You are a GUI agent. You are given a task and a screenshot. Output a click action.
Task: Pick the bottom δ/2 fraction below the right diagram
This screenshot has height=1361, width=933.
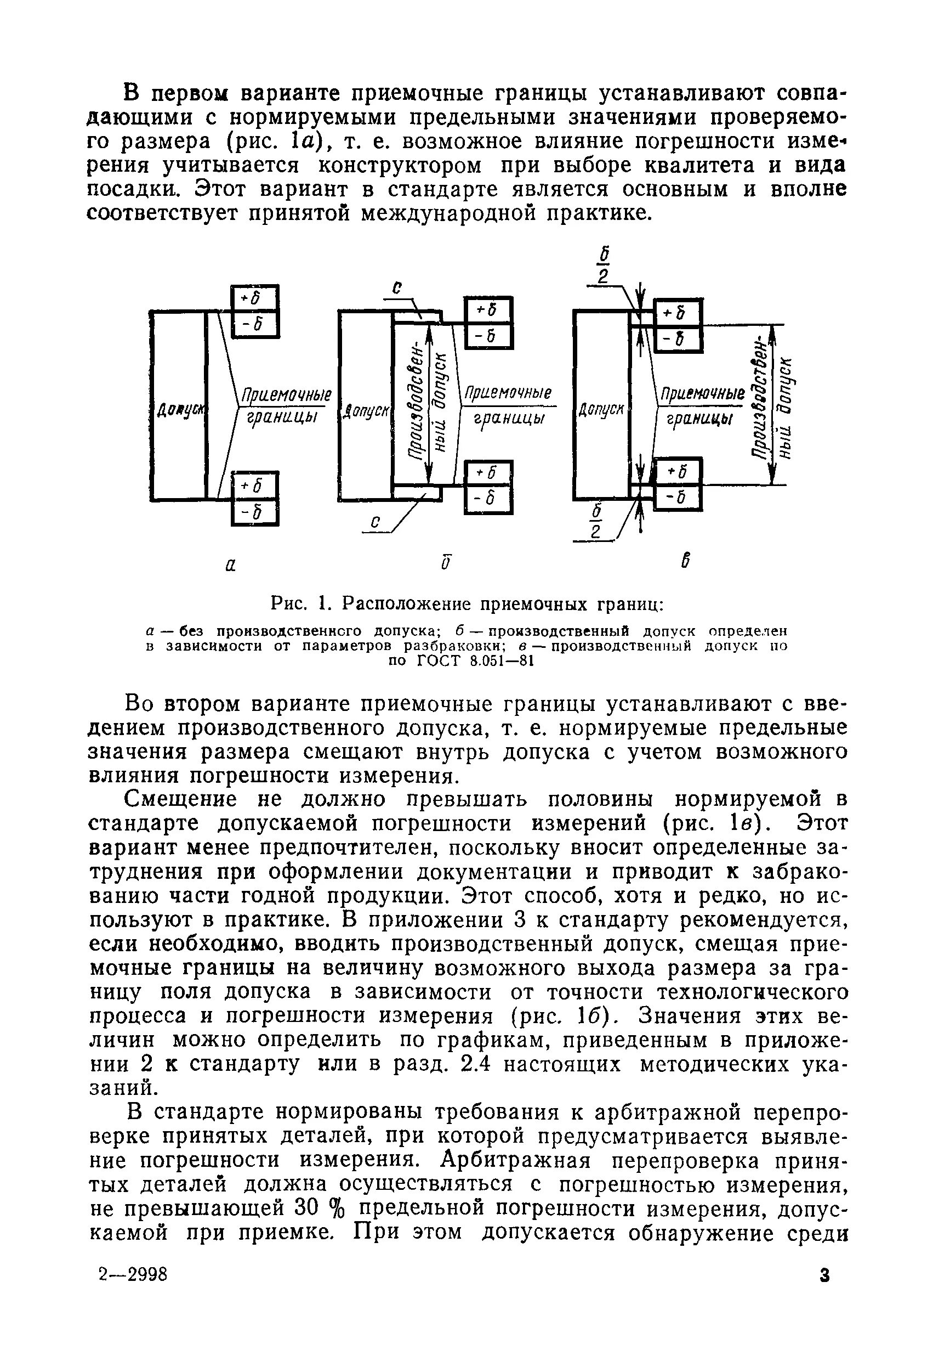click(x=596, y=521)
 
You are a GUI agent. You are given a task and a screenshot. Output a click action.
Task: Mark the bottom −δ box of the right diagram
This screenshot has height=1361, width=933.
click(x=677, y=498)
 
